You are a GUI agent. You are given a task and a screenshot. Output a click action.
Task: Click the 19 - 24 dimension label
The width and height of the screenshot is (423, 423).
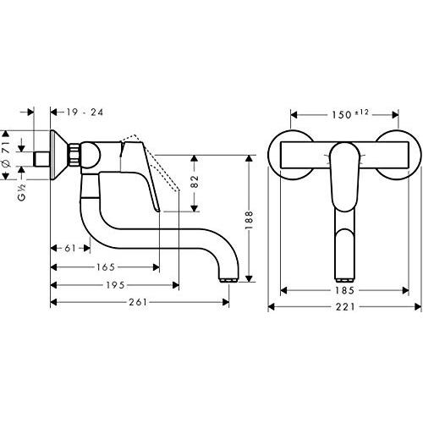click(x=85, y=113)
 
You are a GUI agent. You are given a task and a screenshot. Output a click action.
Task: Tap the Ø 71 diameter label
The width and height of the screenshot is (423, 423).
click(x=7, y=155)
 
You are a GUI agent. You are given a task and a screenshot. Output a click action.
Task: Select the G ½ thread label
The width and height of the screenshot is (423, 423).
click(x=22, y=192)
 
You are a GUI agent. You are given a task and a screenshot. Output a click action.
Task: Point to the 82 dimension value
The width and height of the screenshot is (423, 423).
click(x=195, y=181)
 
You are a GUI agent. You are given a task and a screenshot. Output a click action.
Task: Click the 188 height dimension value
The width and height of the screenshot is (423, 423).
click(x=249, y=220)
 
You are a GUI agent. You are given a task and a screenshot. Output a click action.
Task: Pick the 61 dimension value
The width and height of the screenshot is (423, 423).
click(x=70, y=248)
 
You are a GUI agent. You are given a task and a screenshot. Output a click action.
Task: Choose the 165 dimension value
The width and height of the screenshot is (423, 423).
click(x=106, y=267)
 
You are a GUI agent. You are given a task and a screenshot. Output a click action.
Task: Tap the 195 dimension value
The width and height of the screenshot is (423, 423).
click(x=115, y=285)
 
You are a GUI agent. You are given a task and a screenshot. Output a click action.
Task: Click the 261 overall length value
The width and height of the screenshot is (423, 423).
click(x=138, y=302)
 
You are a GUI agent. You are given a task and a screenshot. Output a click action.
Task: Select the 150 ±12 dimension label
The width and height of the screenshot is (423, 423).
click(x=350, y=114)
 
